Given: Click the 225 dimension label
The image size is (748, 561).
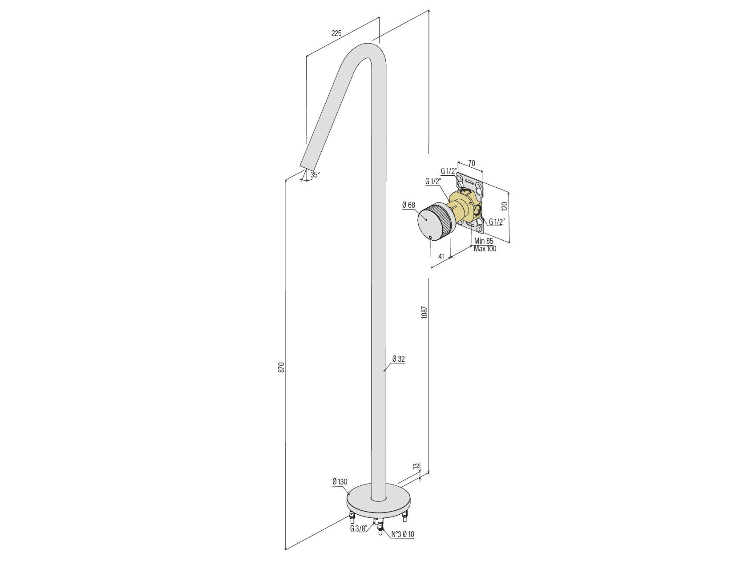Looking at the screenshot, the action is coord(336,33).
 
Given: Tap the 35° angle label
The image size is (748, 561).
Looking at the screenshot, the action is coord(315,175).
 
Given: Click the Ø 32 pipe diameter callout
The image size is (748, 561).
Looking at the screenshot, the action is coord(398,359).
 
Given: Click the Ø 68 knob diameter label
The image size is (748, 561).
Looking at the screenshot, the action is coord(408,205).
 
